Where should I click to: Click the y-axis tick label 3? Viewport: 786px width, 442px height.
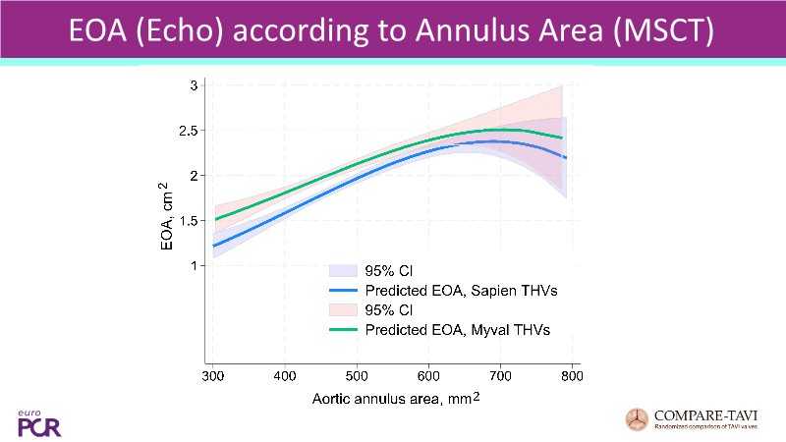195,85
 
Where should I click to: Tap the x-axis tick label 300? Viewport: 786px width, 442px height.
213,377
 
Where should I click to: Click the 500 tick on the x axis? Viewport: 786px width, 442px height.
357,377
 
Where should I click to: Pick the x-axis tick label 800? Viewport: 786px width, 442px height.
572,377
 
